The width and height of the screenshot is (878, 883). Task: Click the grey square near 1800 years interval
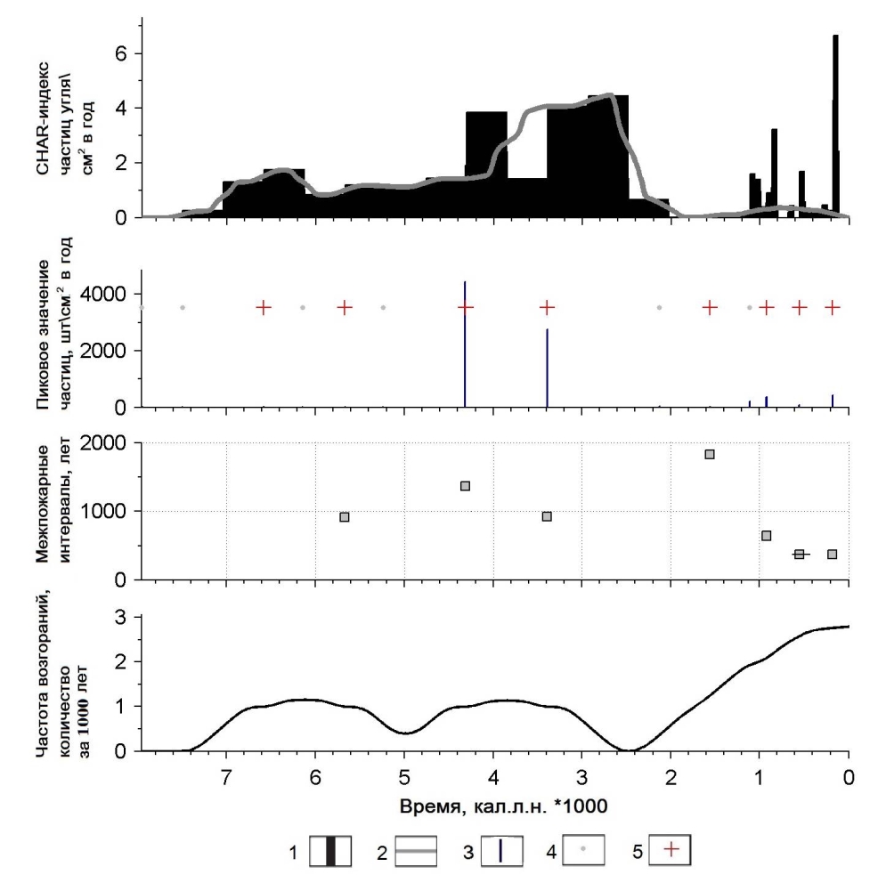(x=710, y=454)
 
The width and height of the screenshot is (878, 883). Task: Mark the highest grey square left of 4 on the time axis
(x=465, y=485)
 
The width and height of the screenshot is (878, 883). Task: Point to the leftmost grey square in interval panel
(x=345, y=517)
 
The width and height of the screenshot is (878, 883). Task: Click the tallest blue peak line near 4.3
(x=465, y=347)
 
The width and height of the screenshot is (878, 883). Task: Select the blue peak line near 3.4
(x=547, y=369)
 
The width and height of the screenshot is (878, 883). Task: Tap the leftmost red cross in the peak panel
(x=264, y=307)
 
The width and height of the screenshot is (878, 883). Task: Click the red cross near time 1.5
(x=710, y=307)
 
